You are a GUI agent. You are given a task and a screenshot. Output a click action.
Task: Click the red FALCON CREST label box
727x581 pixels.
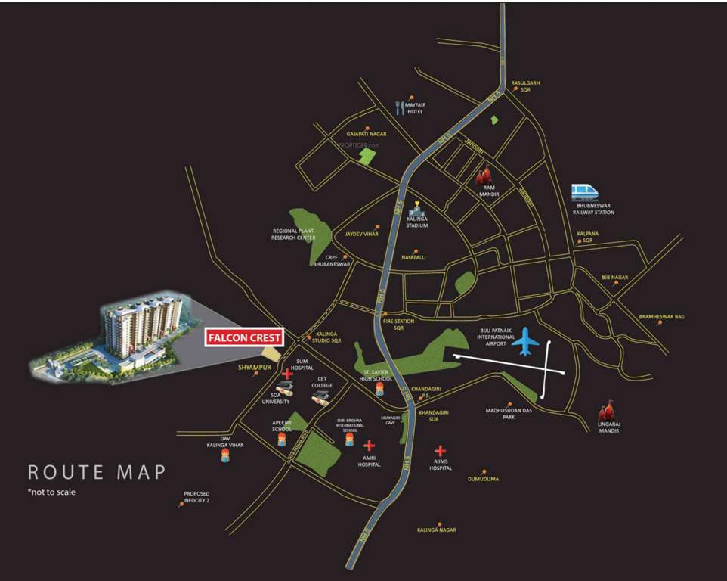click(245, 337)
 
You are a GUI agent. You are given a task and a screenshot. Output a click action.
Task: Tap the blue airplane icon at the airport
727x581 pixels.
click(525, 344)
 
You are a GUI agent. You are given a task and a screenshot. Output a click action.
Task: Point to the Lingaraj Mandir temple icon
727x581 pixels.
click(605, 410)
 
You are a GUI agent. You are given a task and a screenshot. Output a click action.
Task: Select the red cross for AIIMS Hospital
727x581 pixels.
click(441, 452)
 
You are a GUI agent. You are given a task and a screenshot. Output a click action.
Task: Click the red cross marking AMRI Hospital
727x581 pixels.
click(370, 446)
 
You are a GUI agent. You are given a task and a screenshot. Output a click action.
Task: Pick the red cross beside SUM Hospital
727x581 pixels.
click(287, 374)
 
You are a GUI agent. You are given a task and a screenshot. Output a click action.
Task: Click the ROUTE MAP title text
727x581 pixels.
click(96, 472)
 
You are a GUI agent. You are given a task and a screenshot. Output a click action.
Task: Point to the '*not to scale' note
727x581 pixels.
click(51, 492)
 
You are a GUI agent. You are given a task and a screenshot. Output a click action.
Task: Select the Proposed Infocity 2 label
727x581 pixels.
click(196, 497)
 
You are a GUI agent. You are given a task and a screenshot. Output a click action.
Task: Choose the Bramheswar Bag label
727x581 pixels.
click(661, 316)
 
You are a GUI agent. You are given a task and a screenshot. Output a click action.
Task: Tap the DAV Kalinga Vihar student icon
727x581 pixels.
click(224, 456)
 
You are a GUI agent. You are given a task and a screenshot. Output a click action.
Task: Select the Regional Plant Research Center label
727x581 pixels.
click(294, 234)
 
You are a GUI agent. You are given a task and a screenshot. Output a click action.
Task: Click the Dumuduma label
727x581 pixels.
click(483, 479)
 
